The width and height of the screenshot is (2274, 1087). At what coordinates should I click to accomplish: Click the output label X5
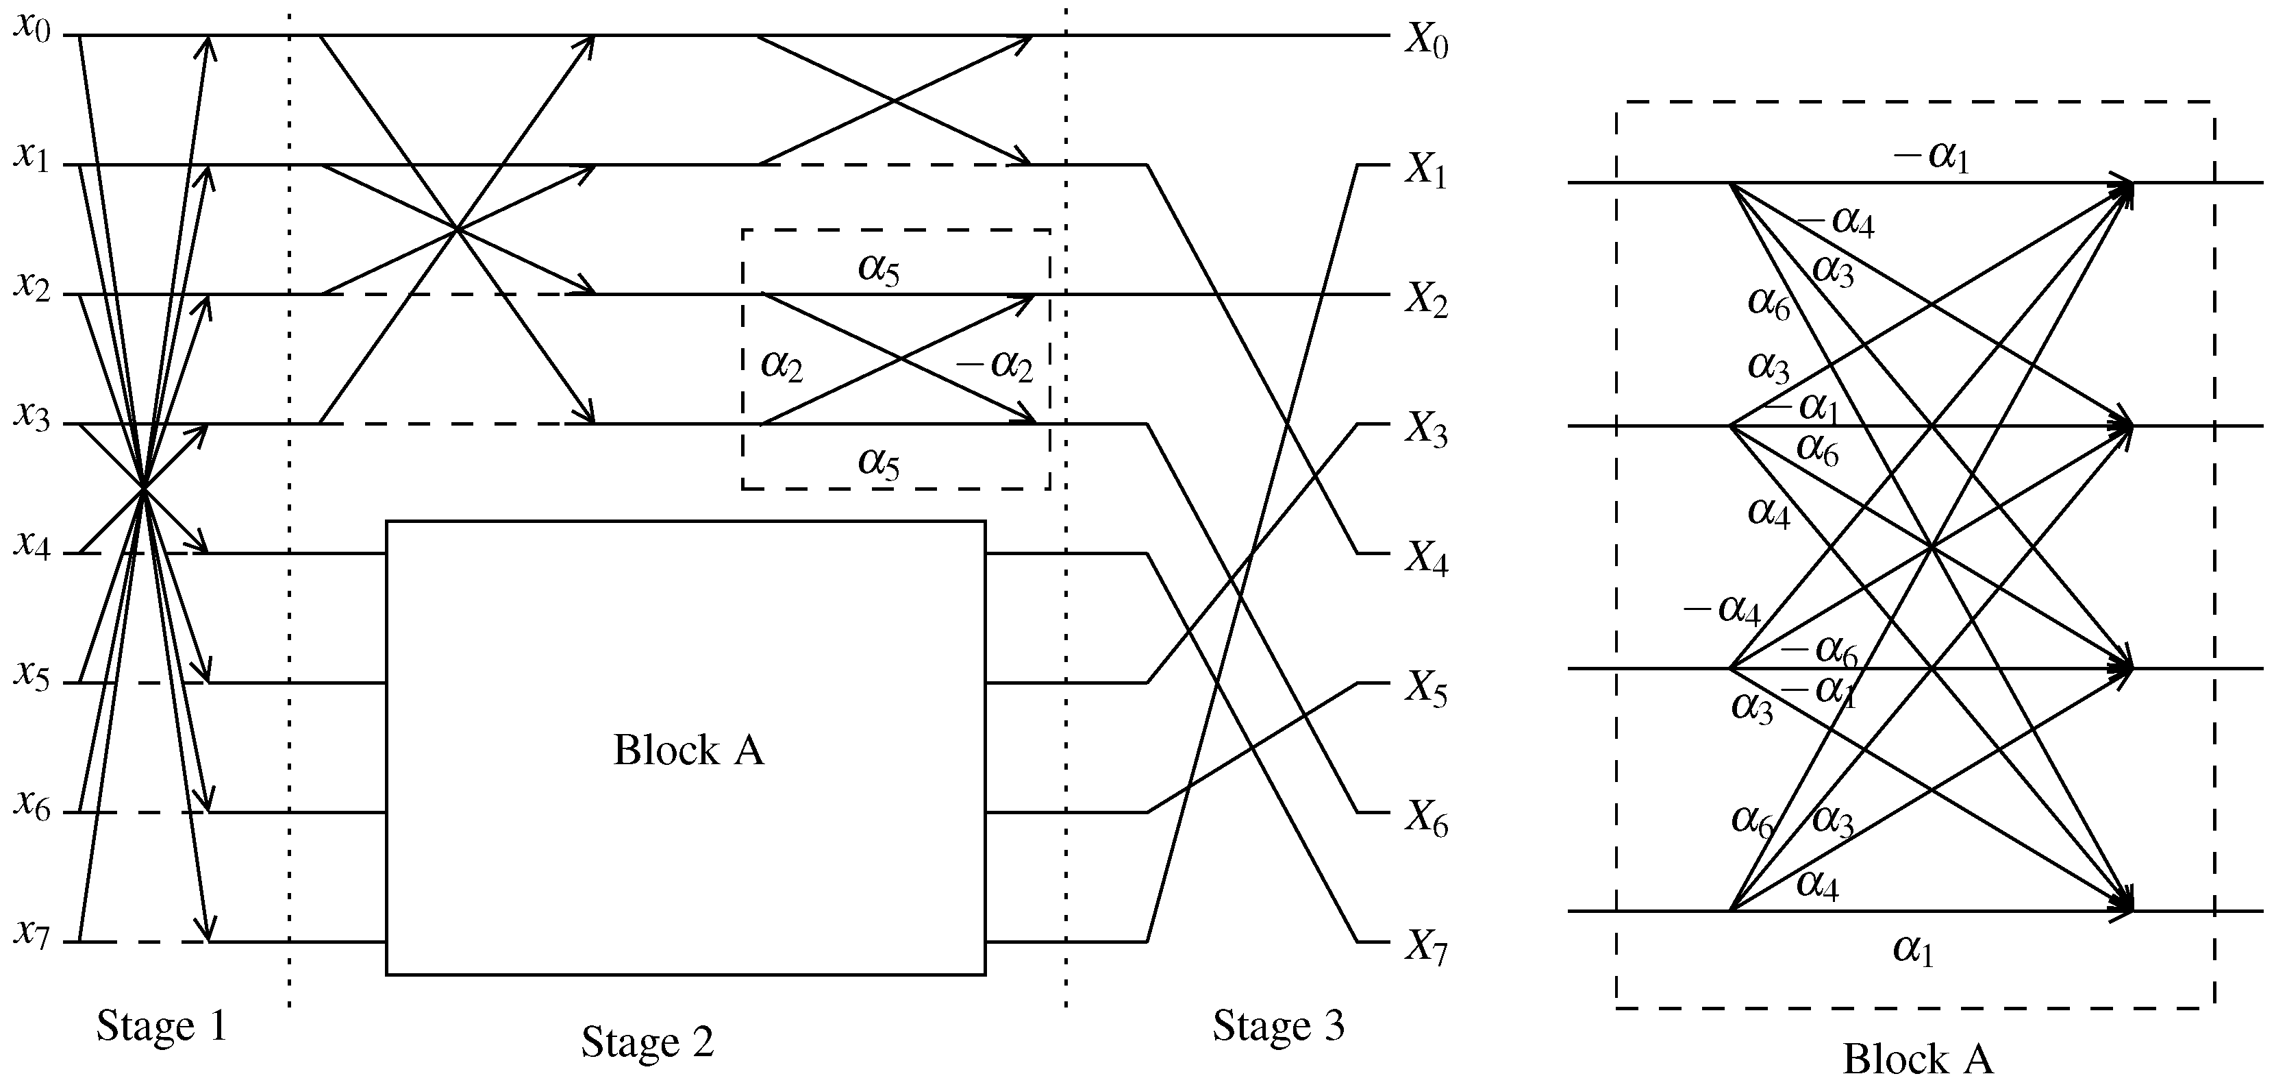[x=1425, y=691]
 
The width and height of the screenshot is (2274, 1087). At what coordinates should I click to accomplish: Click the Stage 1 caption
[x=162, y=1026]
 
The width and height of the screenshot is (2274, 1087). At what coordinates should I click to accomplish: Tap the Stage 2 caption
[x=647, y=1042]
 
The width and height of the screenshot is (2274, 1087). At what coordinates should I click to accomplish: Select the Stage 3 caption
[x=1278, y=1026]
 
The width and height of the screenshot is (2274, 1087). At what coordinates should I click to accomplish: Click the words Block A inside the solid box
[x=688, y=750]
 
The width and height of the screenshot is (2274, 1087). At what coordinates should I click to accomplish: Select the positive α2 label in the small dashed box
[x=782, y=365]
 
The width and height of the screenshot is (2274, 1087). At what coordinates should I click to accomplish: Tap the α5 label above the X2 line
[x=879, y=269]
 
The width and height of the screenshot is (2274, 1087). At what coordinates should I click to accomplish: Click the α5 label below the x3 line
[x=879, y=462]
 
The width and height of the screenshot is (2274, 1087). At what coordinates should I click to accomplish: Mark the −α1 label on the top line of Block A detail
[x=1932, y=156]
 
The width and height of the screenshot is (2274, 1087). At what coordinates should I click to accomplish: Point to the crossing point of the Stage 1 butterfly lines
[x=143, y=487]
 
